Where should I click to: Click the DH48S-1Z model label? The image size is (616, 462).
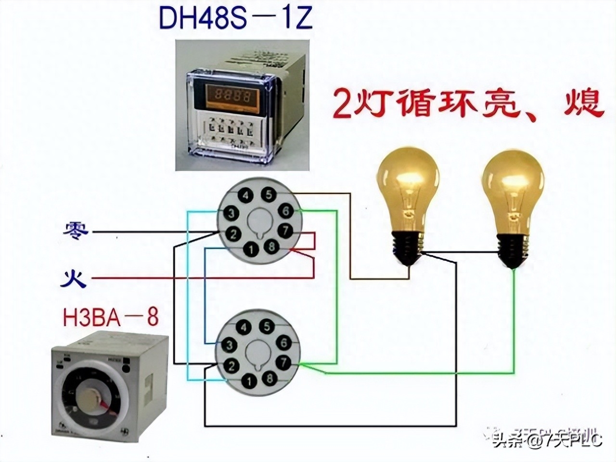pyautogui.click(x=235, y=18)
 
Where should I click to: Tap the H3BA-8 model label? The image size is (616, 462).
pyautogui.click(x=110, y=317)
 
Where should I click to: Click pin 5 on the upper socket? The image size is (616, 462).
pyautogui.click(x=269, y=194)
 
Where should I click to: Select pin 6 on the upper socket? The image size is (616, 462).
pyautogui.click(x=285, y=211)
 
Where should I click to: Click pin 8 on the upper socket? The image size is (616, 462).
pyautogui.click(x=272, y=247)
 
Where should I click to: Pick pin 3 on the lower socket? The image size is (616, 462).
pyautogui.click(x=230, y=345)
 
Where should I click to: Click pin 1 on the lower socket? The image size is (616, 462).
pyautogui.click(x=249, y=381)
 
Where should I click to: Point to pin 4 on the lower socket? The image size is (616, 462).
pyautogui.click(x=245, y=327)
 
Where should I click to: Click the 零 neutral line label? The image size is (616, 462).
pyautogui.click(x=76, y=231)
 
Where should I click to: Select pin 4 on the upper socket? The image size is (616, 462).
pyautogui.click(x=246, y=195)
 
